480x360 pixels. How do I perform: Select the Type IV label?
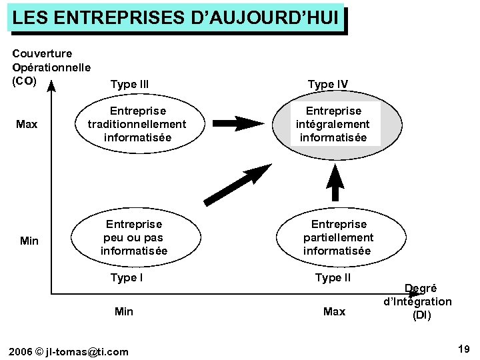[327, 84]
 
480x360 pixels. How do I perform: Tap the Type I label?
[127, 278]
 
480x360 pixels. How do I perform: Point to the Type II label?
[333, 278]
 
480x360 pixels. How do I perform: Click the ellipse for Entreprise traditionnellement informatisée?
[137, 124]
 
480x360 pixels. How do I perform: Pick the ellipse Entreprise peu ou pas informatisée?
[133, 238]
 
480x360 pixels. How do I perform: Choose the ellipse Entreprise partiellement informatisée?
[338, 238]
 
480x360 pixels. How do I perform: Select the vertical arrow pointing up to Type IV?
[337, 181]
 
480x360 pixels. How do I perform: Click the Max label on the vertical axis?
[27, 125]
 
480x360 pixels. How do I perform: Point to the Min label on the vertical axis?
[29, 241]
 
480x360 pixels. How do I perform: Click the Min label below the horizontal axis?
[124, 311]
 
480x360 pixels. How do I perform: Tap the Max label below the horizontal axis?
[334, 311]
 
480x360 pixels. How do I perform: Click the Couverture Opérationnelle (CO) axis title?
[51, 67]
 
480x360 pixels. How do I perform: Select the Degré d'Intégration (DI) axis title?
[418, 302]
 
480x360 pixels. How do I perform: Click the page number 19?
[464, 349]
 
